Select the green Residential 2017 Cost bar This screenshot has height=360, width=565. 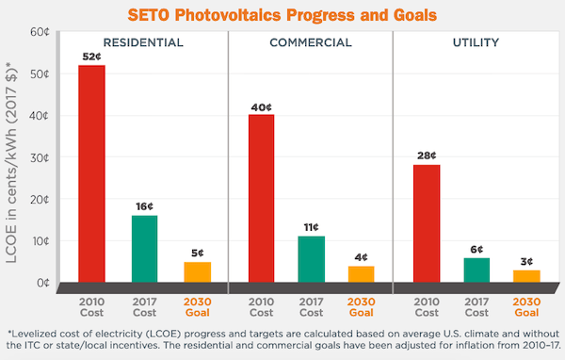(x=144, y=249)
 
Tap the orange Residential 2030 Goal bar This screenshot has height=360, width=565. (x=198, y=271)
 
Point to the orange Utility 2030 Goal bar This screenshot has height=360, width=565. (x=526, y=276)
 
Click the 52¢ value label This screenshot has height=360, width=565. (x=91, y=57)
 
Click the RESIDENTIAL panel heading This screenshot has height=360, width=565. (x=143, y=42)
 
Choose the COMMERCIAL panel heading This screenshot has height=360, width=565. (x=310, y=42)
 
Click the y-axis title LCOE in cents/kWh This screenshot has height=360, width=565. (x=13, y=170)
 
